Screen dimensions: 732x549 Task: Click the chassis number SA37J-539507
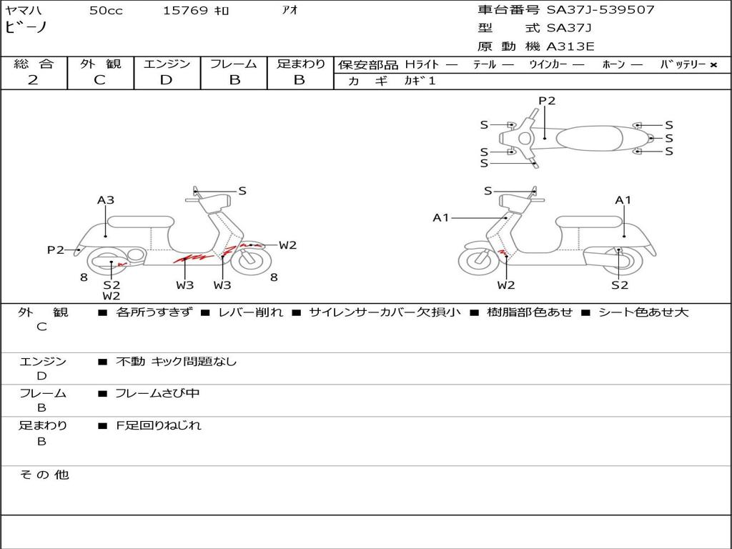coord(600,9)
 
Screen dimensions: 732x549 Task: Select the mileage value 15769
coord(184,10)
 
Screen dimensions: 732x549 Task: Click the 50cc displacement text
coord(106,10)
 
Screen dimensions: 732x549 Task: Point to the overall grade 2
coord(33,80)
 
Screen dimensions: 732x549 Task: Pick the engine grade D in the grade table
coord(166,80)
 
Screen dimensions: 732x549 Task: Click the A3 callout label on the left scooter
coord(106,200)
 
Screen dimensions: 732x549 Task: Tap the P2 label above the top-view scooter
coord(547,101)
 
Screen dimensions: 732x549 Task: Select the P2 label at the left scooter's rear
coord(56,249)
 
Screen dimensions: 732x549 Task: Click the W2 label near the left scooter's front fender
coord(287,245)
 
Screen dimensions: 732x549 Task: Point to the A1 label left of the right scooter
coord(440,217)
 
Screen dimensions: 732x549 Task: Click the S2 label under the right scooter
coord(620,285)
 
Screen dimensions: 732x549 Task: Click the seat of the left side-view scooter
coord(141,222)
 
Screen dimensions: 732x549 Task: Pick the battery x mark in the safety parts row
coord(713,65)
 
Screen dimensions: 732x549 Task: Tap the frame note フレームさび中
coord(157,393)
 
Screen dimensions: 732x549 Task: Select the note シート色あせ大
coord(643,312)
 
